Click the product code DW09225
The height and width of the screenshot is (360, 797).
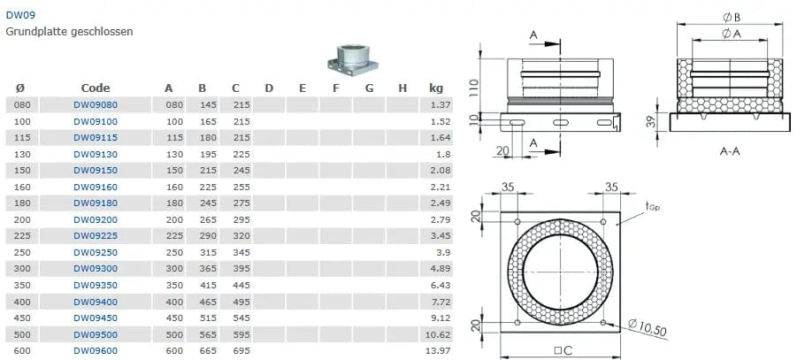[x=96, y=236]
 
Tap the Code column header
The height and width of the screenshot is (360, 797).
[x=96, y=88]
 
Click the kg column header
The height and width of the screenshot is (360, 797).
[x=436, y=88]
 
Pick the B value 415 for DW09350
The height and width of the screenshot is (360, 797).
[x=209, y=285]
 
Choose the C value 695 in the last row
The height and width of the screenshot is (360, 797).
[x=241, y=351]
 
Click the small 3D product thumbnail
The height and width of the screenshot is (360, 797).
[x=353, y=60]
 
